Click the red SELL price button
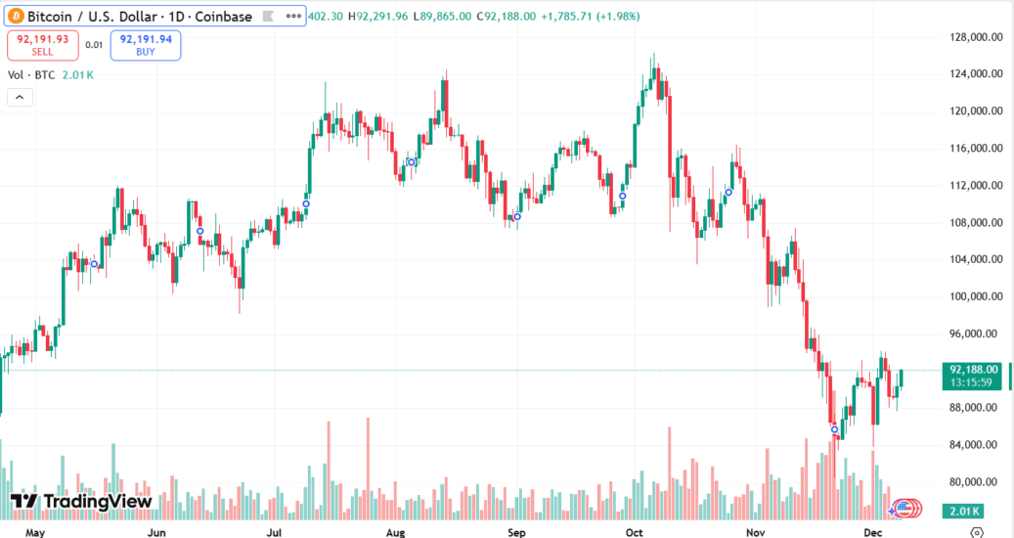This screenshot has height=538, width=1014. coord(42,45)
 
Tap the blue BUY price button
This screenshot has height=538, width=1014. coord(146,45)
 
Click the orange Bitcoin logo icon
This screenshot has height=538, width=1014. coord(15,17)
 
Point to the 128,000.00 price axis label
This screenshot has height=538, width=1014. coord(975,37)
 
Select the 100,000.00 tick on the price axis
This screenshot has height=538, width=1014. coord(975,296)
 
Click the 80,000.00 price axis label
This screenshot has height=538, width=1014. coord(975,481)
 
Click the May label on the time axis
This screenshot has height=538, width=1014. coord(35,533)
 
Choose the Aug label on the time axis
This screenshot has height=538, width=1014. coord(395,533)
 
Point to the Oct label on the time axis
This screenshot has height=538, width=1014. coord(634,533)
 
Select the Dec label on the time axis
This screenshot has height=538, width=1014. coord(873,533)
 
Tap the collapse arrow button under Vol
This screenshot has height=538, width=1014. coord(19,97)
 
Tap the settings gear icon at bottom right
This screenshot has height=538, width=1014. coord(976,533)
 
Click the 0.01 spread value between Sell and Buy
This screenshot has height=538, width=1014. coord(94,45)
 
